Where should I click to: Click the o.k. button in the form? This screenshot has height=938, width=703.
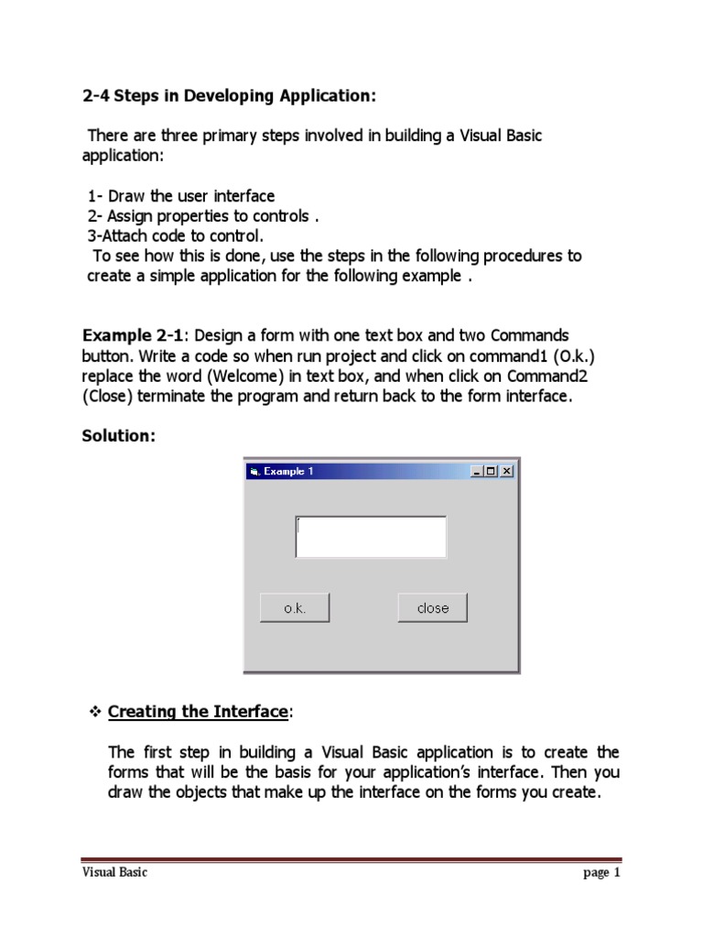pos(295,608)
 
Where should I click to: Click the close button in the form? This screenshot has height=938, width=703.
pos(432,608)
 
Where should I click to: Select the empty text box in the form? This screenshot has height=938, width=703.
pos(371,537)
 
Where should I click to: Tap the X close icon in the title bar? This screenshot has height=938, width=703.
pos(507,471)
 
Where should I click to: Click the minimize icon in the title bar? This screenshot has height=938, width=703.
pos(478,471)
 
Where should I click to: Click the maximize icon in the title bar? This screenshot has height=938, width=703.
pos(492,471)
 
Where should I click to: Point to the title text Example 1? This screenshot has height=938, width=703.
pos(288,471)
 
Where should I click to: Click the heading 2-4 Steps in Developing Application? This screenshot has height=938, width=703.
pos(229,96)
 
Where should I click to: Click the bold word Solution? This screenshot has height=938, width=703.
pos(119,436)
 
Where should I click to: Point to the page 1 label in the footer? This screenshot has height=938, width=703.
pos(601,873)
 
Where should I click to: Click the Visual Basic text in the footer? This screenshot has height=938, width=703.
pos(114,873)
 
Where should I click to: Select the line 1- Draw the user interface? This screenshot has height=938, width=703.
pos(181,196)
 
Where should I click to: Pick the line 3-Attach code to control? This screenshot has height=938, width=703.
pos(175,235)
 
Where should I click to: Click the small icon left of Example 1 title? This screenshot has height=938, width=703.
pos(254,471)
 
